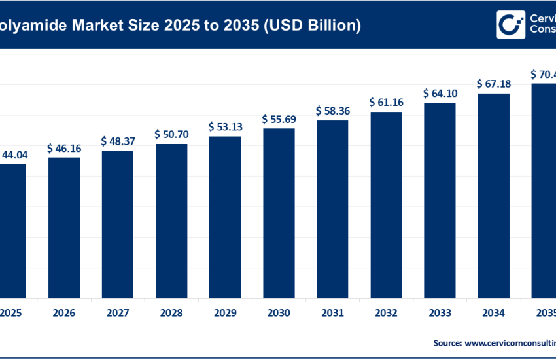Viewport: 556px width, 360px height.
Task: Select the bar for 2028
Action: pyautogui.click(x=171, y=220)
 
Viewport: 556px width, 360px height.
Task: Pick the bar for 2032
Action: pyautogui.click(x=386, y=204)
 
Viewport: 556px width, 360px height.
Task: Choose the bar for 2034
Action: pyautogui.click(x=493, y=195)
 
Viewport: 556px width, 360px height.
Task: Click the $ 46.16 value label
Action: pyautogui.click(x=64, y=149)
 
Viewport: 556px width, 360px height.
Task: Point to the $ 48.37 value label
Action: pyautogui.click(x=118, y=141)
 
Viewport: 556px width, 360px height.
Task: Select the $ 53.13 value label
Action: pyautogui.click(x=225, y=126)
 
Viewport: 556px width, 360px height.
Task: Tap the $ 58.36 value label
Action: pyautogui.click(x=332, y=111)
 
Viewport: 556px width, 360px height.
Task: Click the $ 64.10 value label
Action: pyautogui.click(x=440, y=94)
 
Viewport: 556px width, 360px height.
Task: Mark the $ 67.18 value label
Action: pyautogui.click(x=493, y=84)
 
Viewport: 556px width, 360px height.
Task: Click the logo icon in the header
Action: pyautogui.click(x=510, y=24)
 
